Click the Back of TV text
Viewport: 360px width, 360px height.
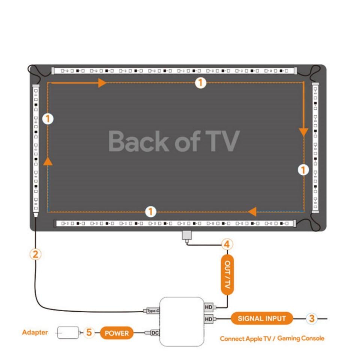point(174,141)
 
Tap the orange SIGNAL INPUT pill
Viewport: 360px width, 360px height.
point(261,319)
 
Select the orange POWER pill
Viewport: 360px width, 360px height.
point(117,333)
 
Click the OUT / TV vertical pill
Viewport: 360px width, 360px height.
point(227,275)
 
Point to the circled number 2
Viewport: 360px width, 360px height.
point(35,254)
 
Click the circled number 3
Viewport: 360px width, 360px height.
point(312,319)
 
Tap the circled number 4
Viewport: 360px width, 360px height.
point(226,245)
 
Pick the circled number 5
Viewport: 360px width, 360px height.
point(89,332)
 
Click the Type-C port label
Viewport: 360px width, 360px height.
point(152,311)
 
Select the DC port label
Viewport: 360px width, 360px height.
point(155,333)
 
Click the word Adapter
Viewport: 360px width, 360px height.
point(35,332)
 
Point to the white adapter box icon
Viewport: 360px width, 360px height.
point(68,333)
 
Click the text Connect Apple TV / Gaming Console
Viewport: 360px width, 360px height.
point(272,339)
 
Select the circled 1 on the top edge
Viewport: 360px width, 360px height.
point(201,82)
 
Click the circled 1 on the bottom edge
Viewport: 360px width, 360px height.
point(150,212)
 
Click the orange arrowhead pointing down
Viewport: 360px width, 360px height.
point(303,132)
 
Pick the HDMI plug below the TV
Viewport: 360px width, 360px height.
point(186,236)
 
